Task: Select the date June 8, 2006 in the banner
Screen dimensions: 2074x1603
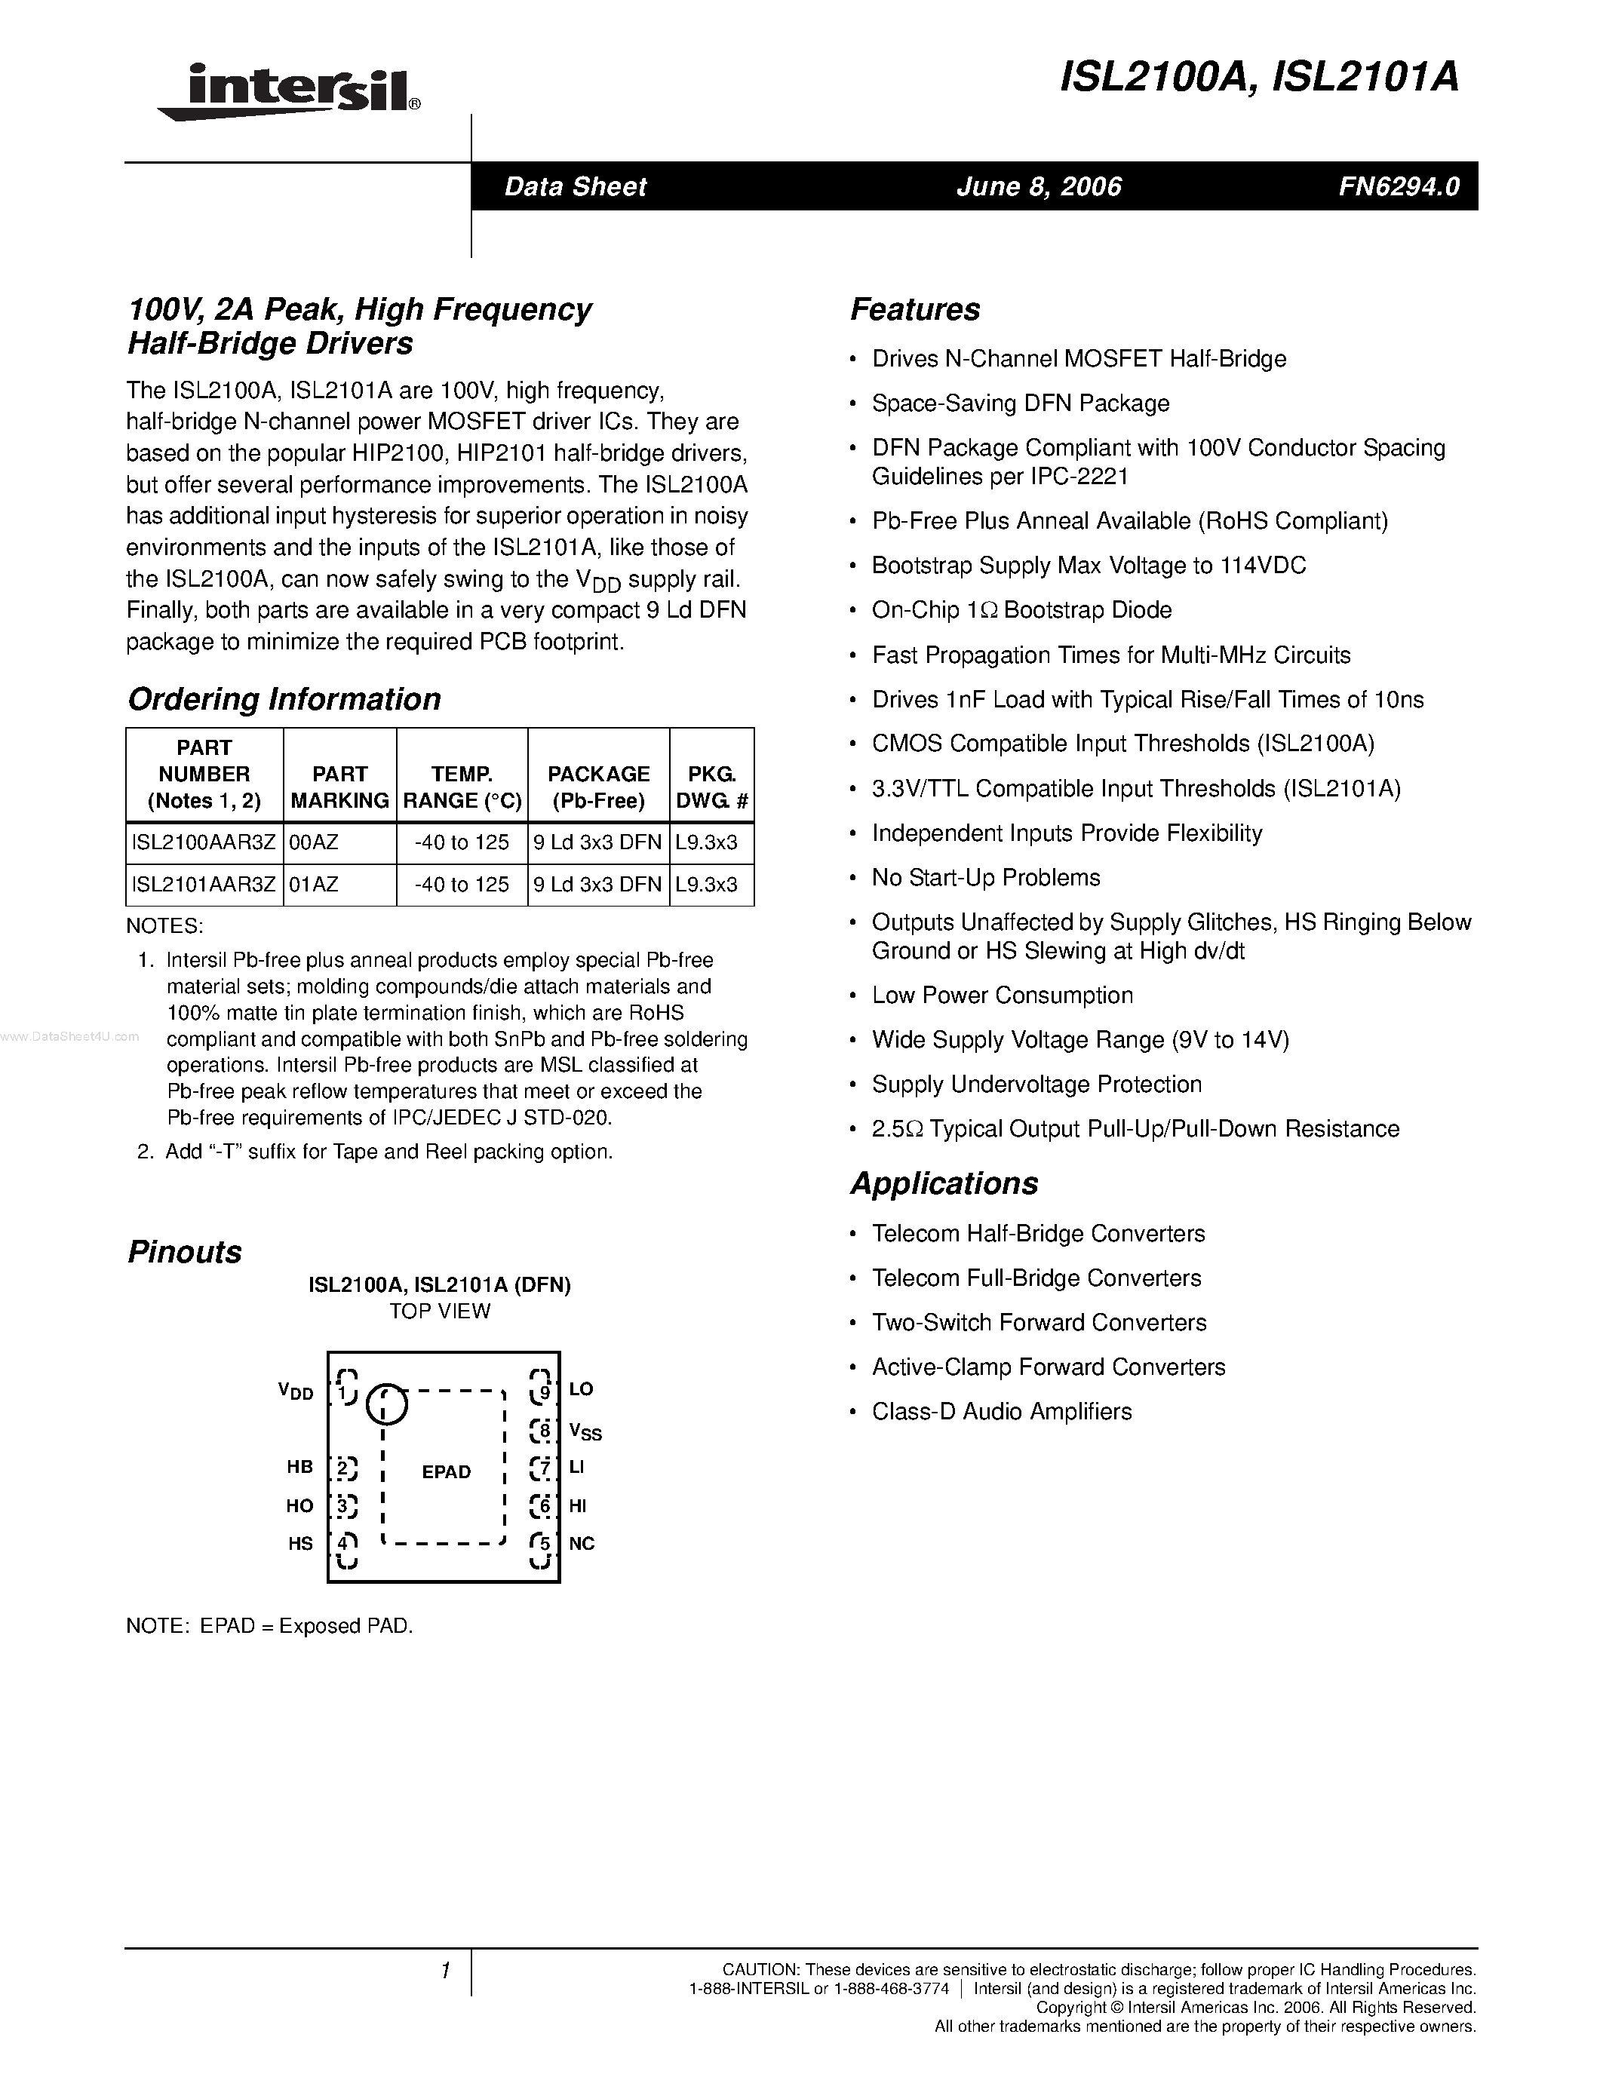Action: (1039, 187)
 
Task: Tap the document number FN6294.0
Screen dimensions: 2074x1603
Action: (1399, 187)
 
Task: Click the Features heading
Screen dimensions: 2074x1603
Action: (914, 309)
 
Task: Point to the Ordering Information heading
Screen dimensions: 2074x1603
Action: (284, 700)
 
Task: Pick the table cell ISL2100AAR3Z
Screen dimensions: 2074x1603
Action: (203, 843)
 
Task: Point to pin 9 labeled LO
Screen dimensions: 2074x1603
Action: (580, 1389)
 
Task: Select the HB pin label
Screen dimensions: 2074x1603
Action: (300, 1467)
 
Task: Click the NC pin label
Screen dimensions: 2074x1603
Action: (581, 1544)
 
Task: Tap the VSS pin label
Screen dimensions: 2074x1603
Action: (585, 1431)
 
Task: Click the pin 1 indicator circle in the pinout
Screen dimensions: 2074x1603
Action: (385, 1404)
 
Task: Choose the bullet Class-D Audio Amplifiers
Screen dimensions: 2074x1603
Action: (1001, 1412)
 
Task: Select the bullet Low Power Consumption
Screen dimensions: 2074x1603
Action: (1002, 996)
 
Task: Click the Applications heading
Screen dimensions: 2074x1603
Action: (944, 1183)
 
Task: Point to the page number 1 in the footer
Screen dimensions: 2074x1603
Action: (444, 1971)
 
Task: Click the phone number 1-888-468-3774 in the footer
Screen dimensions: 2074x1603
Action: (891, 1989)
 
